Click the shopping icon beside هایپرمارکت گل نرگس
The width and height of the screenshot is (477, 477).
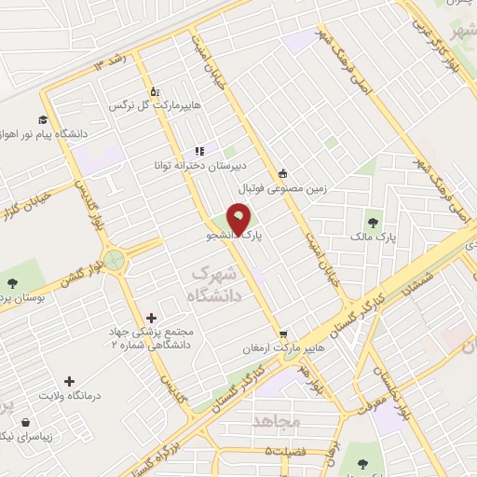coord(155,92)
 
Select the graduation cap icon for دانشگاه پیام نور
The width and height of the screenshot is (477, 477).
coord(43,119)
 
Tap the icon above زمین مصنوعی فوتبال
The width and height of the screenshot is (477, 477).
coord(283,172)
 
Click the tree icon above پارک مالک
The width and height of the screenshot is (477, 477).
coord(374,223)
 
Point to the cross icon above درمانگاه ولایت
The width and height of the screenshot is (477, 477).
coord(69,380)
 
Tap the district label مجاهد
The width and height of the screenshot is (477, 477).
coord(277,422)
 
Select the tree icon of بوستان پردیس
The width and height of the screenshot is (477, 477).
coord(12,283)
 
